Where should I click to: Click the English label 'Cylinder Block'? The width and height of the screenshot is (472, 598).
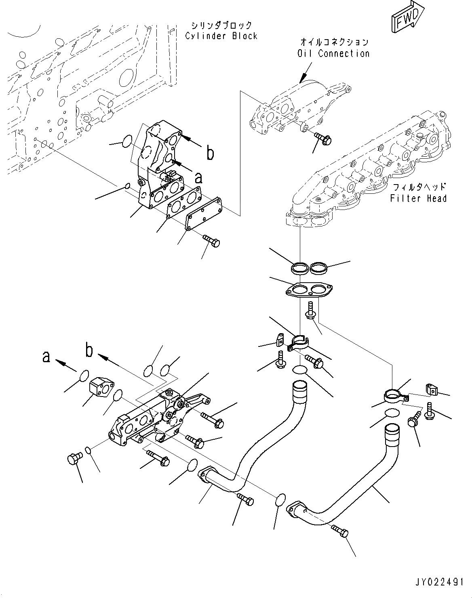[x=221, y=36]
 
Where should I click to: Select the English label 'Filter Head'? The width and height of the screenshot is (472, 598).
[x=418, y=198]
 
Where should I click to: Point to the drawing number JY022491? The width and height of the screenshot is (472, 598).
[x=438, y=582]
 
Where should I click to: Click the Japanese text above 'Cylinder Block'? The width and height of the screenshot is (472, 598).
[x=221, y=25]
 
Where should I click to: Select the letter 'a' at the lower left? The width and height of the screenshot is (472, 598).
[x=46, y=356]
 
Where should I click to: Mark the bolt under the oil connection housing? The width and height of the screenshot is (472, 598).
[x=322, y=138]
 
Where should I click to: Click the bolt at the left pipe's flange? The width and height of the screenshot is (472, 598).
[x=245, y=499]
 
